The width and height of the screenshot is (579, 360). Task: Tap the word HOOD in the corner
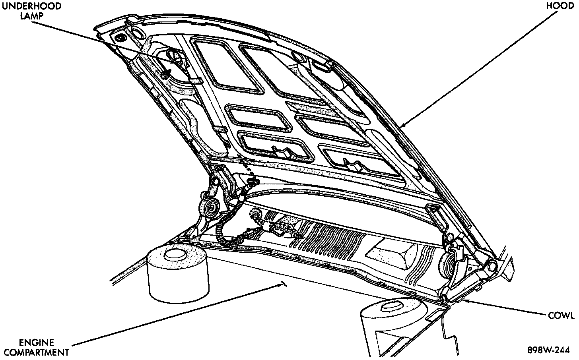pyautogui.click(x=560, y=6)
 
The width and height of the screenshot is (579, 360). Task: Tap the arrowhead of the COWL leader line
pyautogui.click(x=462, y=300)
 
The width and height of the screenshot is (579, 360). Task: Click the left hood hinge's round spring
pyautogui.click(x=210, y=207)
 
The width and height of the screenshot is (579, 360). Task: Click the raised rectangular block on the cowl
pyautogui.click(x=392, y=254)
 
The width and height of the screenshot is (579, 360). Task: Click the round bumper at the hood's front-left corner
pyautogui.click(x=120, y=38)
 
